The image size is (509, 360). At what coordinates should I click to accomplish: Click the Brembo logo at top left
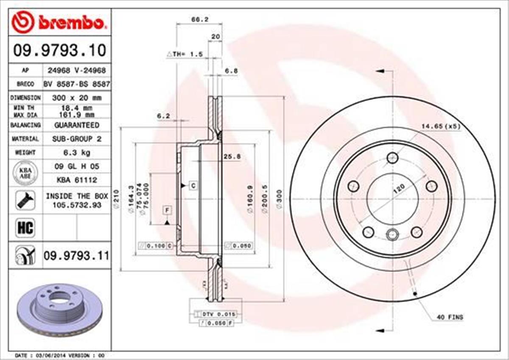pyautogui.click(x=59, y=22)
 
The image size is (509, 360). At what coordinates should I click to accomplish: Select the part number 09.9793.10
pyautogui.click(x=59, y=51)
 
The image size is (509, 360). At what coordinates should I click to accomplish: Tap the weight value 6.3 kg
pyautogui.click(x=76, y=152)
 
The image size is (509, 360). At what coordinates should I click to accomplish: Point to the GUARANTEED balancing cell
pyautogui.click(x=76, y=125)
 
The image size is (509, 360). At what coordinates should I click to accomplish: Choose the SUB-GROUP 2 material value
pyautogui.click(x=76, y=139)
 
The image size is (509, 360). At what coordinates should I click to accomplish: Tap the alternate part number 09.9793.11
pyautogui.click(x=76, y=256)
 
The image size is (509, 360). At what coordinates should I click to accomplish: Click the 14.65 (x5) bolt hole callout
pyautogui.click(x=440, y=126)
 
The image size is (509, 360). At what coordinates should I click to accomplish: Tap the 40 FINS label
pyautogui.click(x=450, y=317)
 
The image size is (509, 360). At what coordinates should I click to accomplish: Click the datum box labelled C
pyautogui.click(x=193, y=186)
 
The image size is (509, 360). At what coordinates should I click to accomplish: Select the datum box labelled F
pyautogui.click(x=168, y=210)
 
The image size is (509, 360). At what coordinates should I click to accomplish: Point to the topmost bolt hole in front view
pyautogui.click(x=393, y=158)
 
